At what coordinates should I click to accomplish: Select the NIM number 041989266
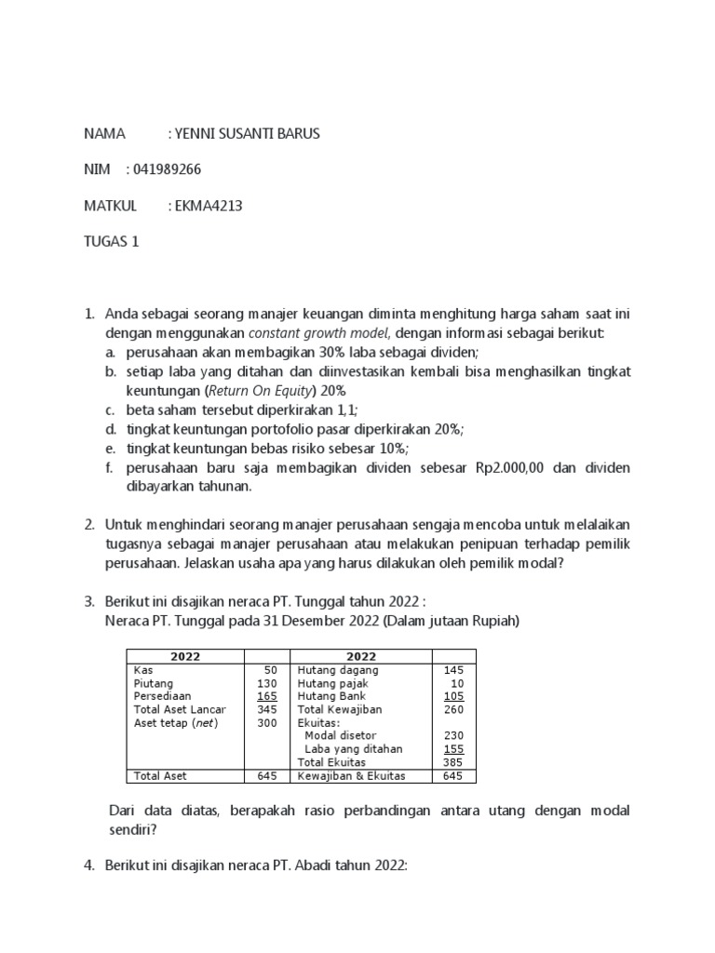[167, 169]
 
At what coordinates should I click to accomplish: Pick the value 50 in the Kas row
[271, 670]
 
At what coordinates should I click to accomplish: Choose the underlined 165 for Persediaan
[267, 696]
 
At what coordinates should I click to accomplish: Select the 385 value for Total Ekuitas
[452, 761]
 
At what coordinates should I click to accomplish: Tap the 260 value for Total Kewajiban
[452, 709]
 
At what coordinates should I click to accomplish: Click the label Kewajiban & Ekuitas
[351, 776]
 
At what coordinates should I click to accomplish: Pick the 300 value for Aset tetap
[267, 722]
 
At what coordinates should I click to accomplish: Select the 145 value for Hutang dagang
[452, 670]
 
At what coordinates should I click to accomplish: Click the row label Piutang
[153, 683]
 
